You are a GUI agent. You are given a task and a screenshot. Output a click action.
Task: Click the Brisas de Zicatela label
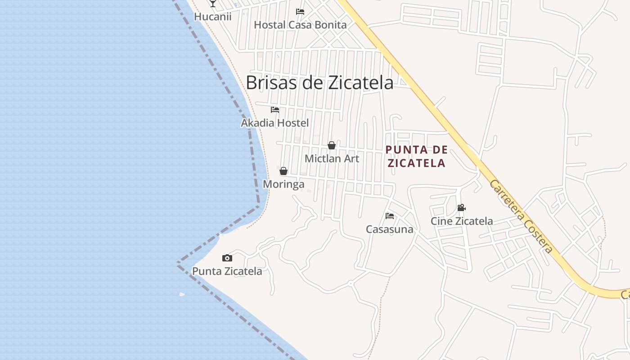click(x=319, y=82)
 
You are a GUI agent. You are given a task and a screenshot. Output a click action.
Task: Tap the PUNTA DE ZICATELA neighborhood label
click(x=417, y=156)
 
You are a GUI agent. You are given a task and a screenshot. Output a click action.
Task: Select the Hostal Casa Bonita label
click(x=300, y=25)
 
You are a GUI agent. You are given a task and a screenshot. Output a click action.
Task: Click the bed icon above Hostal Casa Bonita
click(x=300, y=11)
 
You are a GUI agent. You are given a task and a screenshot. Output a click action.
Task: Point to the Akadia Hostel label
click(x=275, y=123)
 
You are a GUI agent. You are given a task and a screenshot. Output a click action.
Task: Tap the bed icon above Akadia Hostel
click(x=275, y=109)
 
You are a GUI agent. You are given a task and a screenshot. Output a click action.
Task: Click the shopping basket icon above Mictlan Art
click(x=332, y=145)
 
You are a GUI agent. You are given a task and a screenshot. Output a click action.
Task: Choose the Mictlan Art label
click(x=332, y=158)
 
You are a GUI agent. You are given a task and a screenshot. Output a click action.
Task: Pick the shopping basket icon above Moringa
click(x=283, y=171)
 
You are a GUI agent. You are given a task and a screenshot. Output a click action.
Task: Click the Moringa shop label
click(x=283, y=184)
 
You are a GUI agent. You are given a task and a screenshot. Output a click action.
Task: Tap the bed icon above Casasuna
click(x=390, y=216)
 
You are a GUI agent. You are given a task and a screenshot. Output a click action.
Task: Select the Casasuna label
click(x=390, y=229)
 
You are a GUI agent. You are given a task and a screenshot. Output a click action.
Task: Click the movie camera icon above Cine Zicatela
click(x=461, y=208)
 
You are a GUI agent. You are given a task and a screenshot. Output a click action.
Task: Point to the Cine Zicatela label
click(x=462, y=221)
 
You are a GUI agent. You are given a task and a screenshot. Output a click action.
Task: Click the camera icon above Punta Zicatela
click(x=227, y=258)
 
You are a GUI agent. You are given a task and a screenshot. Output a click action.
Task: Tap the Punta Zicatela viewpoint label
click(x=227, y=271)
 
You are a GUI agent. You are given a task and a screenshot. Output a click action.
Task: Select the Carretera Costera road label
click(x=521, y=216)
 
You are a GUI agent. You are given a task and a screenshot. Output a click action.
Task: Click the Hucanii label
click(x=213, y=17)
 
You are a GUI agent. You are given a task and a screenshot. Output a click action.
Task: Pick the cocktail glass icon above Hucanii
click(x=213, y=4)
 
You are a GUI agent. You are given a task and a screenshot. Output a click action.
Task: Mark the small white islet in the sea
click(x=182, y=294)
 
